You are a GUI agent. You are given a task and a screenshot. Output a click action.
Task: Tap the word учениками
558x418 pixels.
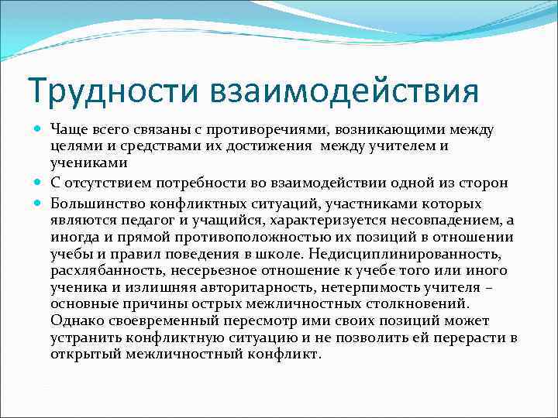pyautogui.click(x=85, y=164)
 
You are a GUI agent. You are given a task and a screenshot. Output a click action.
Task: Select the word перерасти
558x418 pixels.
pyautogui.click(x=467, y=337)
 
